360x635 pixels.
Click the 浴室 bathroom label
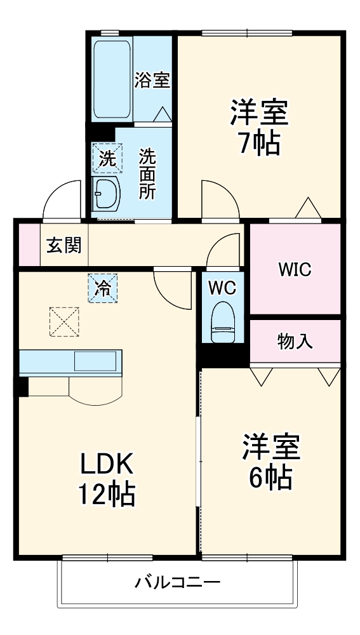(153, 80)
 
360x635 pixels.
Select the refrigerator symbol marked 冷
(102, 288)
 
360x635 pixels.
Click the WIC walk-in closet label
(294, 269)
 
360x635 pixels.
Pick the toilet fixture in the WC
(222, 321)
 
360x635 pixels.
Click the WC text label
(222, 287)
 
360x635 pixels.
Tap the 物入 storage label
(295, 342)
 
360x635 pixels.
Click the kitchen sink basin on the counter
(95, 361)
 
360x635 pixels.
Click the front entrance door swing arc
(62, 199)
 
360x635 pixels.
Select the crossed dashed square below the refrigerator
(65, 322)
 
